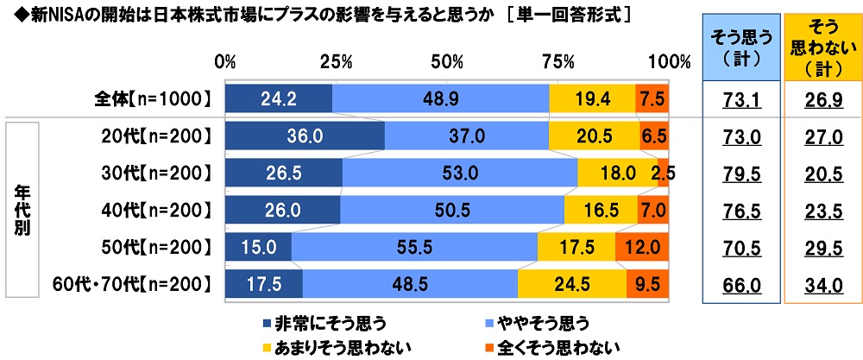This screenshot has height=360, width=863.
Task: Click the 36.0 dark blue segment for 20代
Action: coord(304,136)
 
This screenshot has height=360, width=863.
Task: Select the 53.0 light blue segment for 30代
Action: coord(460,173)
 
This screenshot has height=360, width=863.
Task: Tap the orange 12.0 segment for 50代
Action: coord(641,247)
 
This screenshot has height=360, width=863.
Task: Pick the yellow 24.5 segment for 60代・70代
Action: coord(572,283)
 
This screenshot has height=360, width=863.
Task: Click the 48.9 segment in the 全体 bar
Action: coord(440,99)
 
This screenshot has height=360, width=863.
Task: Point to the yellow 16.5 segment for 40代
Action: coord(601,210)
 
